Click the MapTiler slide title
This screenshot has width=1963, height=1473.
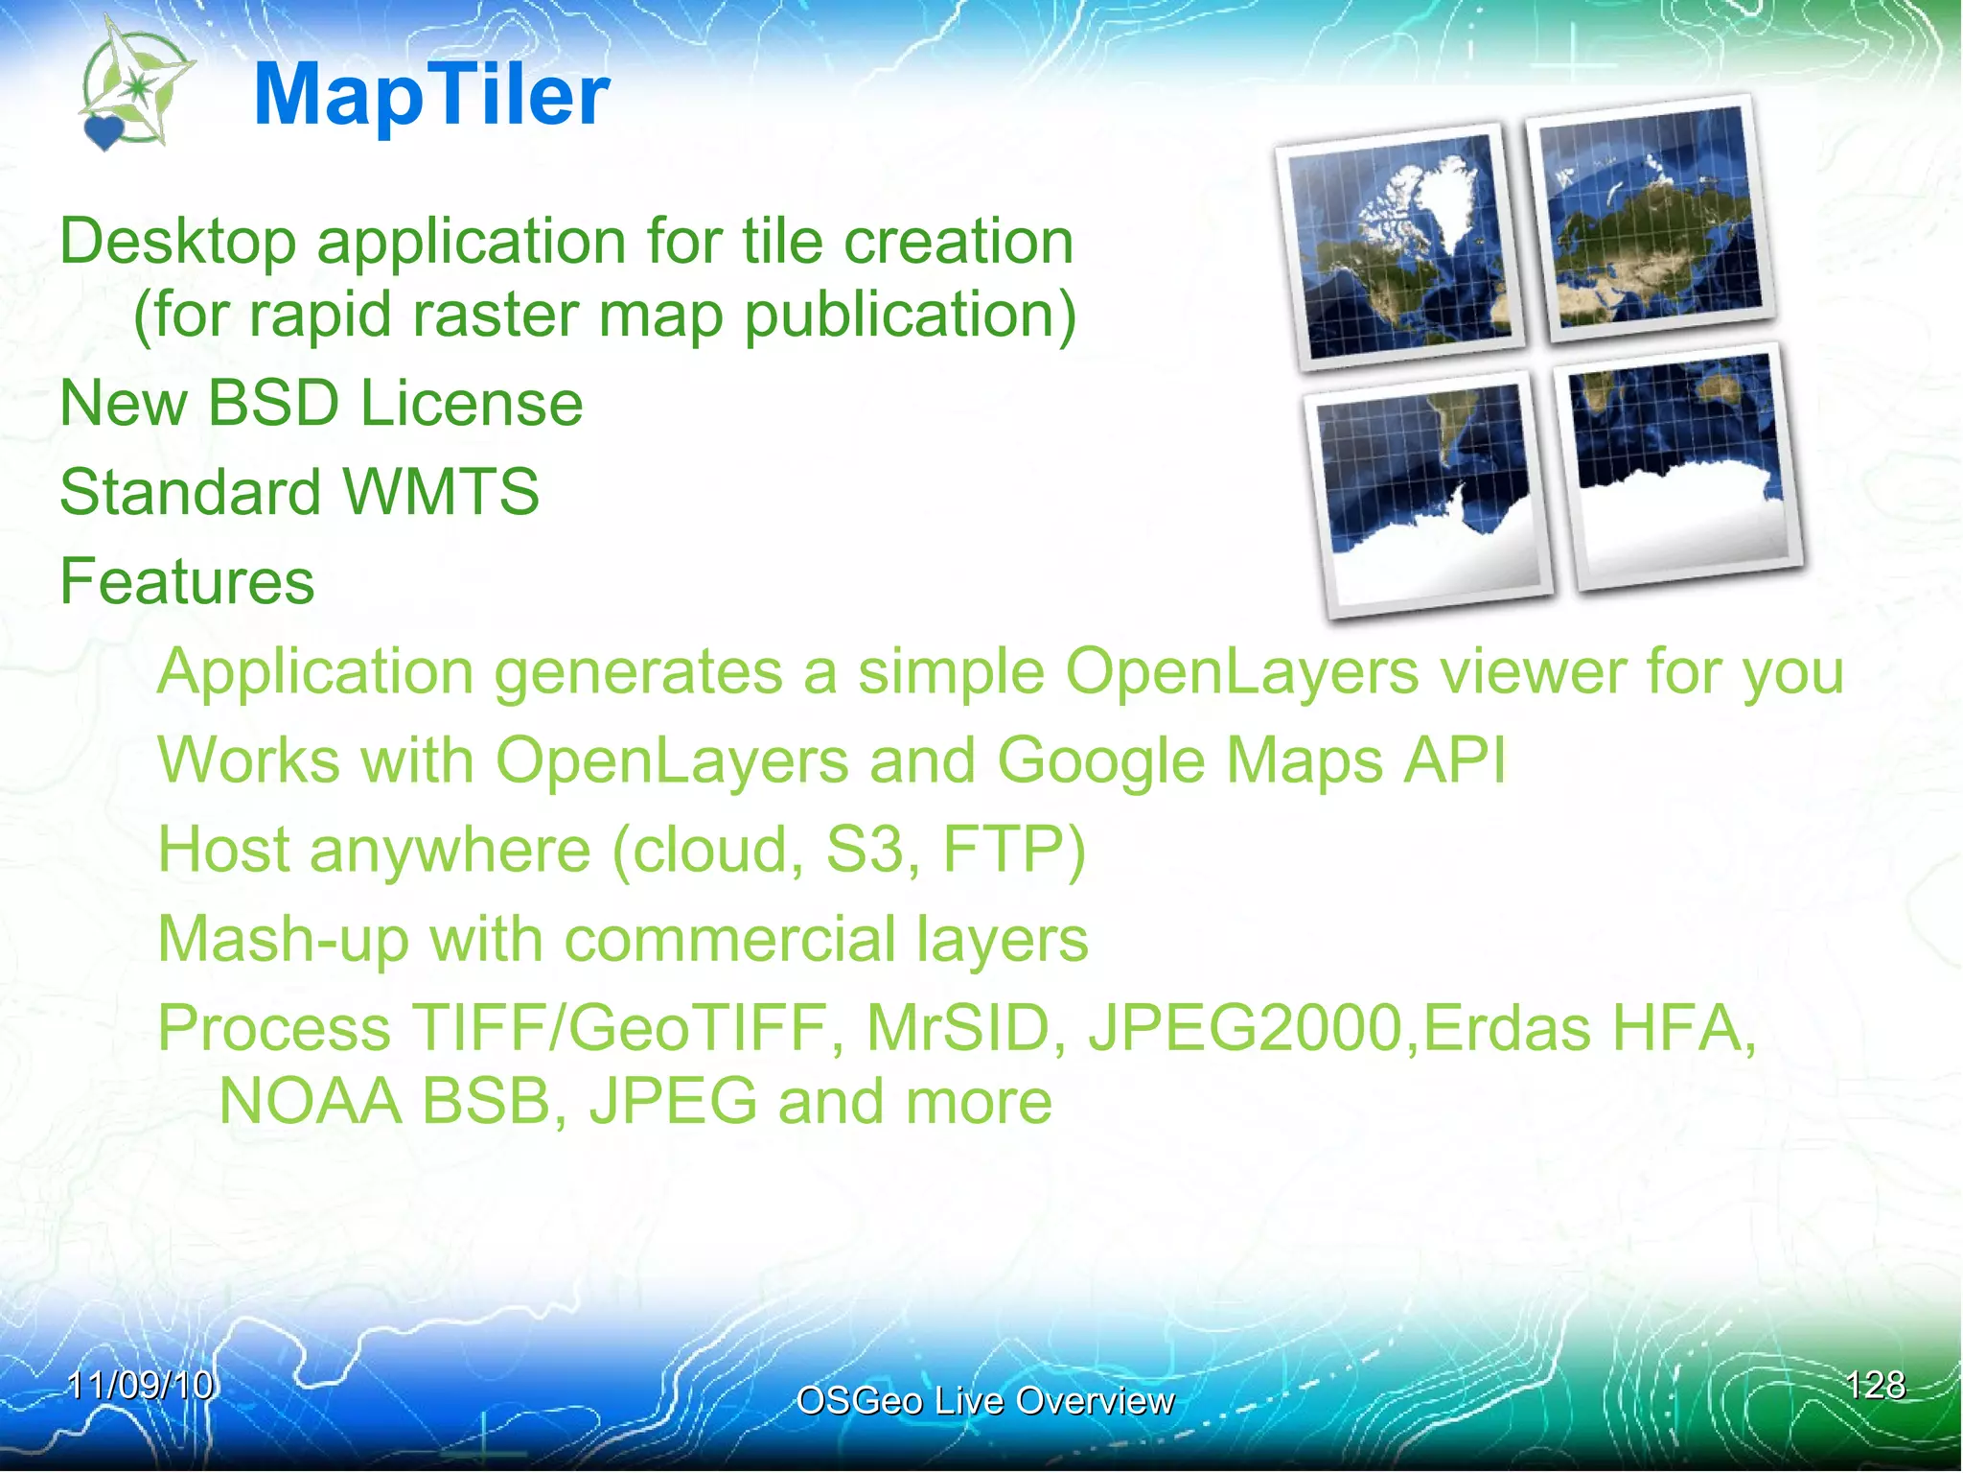coord(431,95)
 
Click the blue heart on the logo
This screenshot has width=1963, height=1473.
coord(104,132)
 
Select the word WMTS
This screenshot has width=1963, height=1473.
coord(441,492)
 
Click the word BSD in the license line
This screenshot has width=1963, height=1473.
coord(273,403)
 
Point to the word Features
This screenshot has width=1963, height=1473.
coord(187,581)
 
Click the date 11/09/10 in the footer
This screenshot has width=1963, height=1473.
coord(141,1385)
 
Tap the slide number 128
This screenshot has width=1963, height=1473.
coord(1875,1385)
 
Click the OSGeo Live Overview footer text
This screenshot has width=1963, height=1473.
coord(984,1401)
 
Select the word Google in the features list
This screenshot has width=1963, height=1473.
coord(1100,760)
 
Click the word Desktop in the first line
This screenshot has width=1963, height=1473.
coord(178,241)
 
